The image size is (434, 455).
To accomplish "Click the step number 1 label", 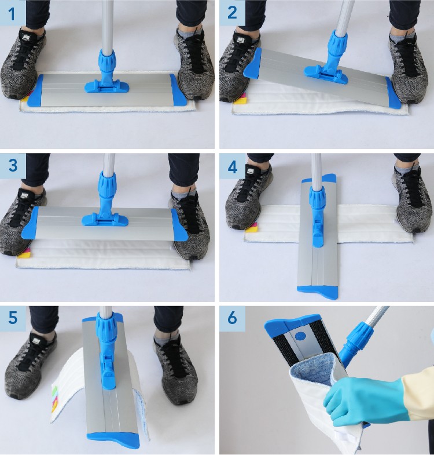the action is click(x=12, y=14).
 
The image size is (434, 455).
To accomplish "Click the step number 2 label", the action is click(x=232, y=13).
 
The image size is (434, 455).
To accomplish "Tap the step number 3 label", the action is click(x=13, y=165).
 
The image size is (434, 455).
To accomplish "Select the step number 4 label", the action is click(x=233, y=167).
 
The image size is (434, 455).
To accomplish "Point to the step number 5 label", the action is click(x=13, y=318).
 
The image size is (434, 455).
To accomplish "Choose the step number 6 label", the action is click(x=233, y=318).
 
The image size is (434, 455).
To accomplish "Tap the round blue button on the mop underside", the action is click(x=300, y=336).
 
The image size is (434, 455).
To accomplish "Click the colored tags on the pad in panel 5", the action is click(x=54, y=398).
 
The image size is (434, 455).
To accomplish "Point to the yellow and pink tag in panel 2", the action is click(x=240, y=100).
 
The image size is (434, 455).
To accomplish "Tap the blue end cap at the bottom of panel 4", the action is click(x=318, y=292).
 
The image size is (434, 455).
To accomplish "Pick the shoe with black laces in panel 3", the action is click(x=188, y=224).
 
